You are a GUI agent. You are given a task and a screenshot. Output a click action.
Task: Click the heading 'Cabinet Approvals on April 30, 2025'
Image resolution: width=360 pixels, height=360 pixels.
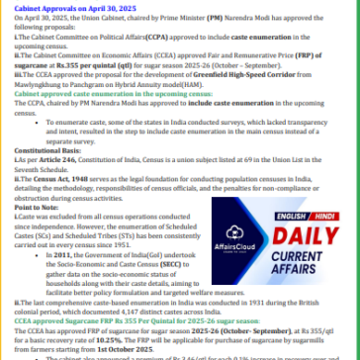pyautogui.click(x=59, y=5)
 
